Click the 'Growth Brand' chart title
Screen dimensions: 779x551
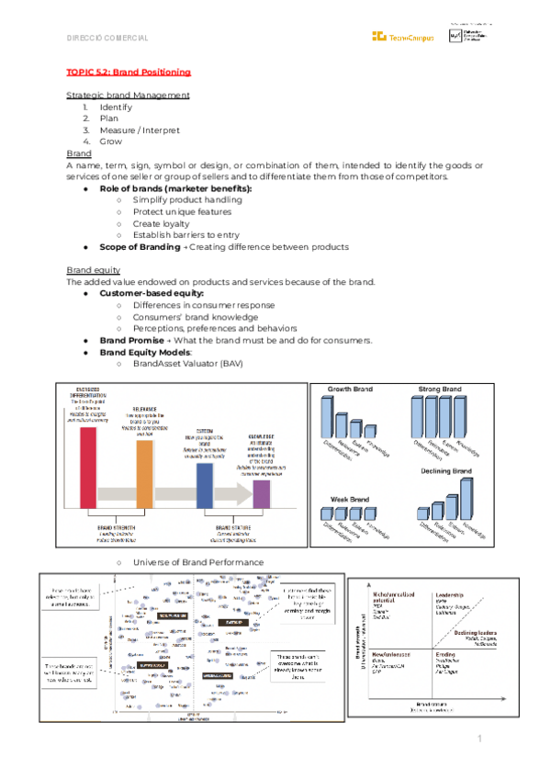click(350, 389)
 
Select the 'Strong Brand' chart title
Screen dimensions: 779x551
click(438, 389)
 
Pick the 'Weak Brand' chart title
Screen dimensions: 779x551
click(348, 499)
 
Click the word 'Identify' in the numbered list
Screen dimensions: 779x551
click(116, 107)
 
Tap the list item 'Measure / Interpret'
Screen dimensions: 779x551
click(140, 130)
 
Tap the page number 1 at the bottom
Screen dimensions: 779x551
click(479, 739)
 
